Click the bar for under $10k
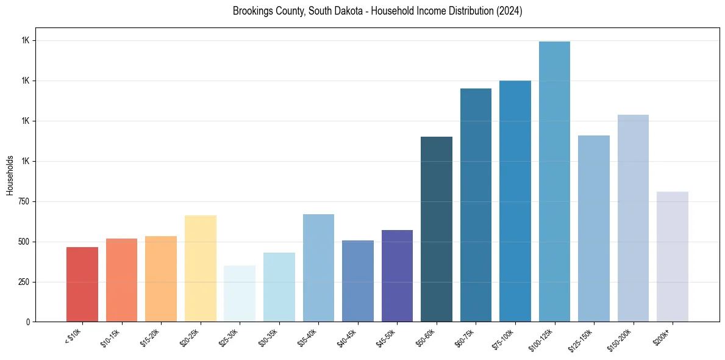[x=82, y=284]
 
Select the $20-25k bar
[x=200, y=268]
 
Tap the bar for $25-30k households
[x=240, y=293]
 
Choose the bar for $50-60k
[x=437, y=229]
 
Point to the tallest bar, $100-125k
[x=554, y=182]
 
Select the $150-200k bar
[x=633, y=218]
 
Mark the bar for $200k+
[x=673, y=257]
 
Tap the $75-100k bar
[x=515, y=201]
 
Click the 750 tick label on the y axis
[x=24, y=201]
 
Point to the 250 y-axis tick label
[x=24, y=282]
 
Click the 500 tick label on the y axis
[x=24, y=242]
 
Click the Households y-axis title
[x=10, y=175]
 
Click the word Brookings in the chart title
[x=251, y=11]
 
